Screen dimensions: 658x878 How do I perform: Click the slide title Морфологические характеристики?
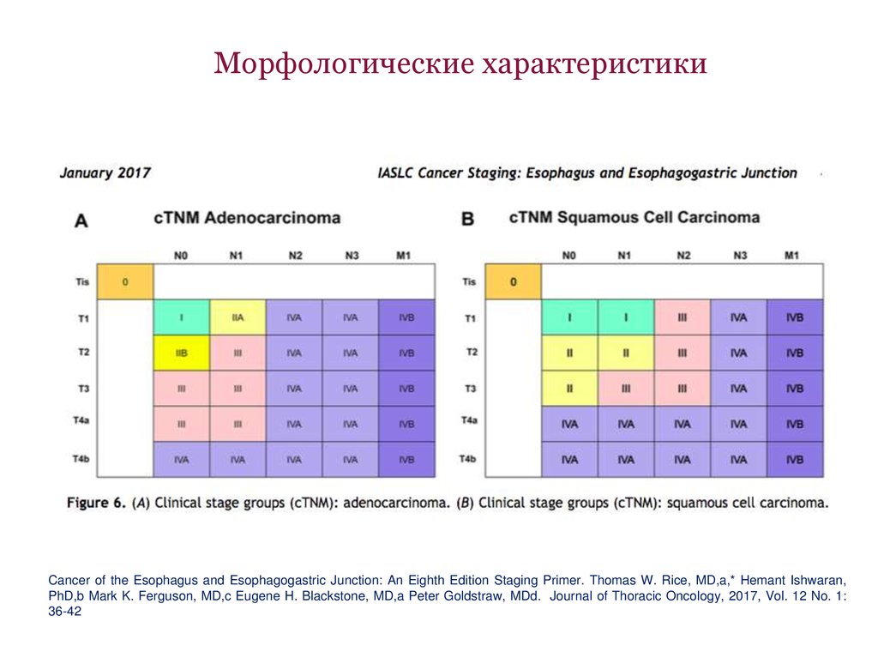point(460,64)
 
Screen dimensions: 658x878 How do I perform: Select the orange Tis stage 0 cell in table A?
point(125,281)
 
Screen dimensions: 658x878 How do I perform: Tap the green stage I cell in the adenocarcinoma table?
point(182,317)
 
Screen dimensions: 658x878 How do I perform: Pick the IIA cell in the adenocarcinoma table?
point(238,317)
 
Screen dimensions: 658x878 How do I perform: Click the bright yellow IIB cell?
point(182,353)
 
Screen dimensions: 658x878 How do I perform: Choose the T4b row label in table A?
point(82,460)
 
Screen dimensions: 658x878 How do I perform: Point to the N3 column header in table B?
point(739,256)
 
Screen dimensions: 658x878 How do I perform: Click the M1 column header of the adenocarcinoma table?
point(406,256)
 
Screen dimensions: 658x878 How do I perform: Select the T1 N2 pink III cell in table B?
point(683,317)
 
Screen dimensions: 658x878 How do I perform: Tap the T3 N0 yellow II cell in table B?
point(569,389)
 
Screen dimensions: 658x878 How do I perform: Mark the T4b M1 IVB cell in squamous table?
point(795,460)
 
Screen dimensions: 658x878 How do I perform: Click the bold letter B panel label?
point(468,220)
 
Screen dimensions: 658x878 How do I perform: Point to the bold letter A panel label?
point(81,220)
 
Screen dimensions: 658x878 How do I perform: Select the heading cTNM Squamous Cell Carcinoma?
point(634,217)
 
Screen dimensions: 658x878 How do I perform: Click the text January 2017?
point(105,172)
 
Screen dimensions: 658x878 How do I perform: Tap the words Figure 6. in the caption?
point(97,503)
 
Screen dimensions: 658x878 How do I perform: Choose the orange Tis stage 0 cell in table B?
point(513,281)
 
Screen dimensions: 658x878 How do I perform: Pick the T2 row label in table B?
point(471,353)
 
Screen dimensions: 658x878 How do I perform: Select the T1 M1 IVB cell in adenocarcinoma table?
point(406,317)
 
